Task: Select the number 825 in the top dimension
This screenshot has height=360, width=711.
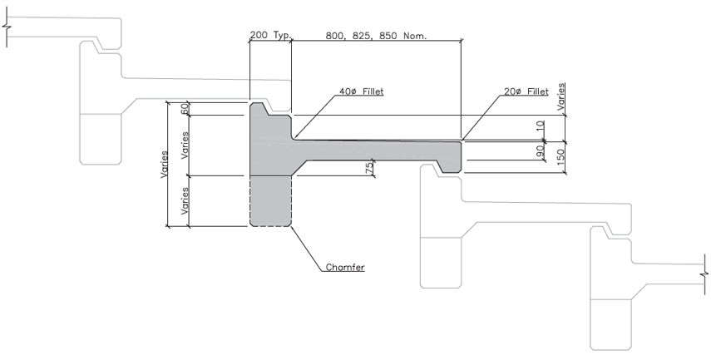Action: point(362,36)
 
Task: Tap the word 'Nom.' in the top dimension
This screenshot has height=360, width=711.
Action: point(415,36)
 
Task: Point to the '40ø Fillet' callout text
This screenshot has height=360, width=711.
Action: point(362,91)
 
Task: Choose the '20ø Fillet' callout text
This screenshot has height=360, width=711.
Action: point(526,91)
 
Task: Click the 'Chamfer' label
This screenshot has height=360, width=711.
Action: point(345,267)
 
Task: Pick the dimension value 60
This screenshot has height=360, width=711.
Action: point(184,109)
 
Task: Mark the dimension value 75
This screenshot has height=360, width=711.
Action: point(369,168)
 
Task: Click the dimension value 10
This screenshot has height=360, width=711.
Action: point(540,126)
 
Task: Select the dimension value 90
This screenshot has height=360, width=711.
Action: point(540,151)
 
